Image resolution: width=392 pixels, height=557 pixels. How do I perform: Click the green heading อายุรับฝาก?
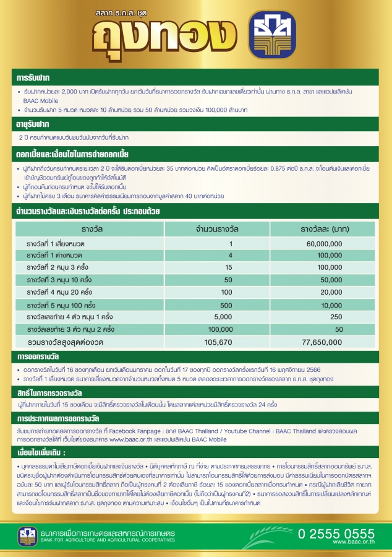pyautogui.click(x=34, y=125)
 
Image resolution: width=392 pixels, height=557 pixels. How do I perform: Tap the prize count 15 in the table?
pyautogui.click(x=228, y=267)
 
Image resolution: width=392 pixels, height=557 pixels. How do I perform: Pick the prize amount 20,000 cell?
pyautogui.click(x=331, y=292)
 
